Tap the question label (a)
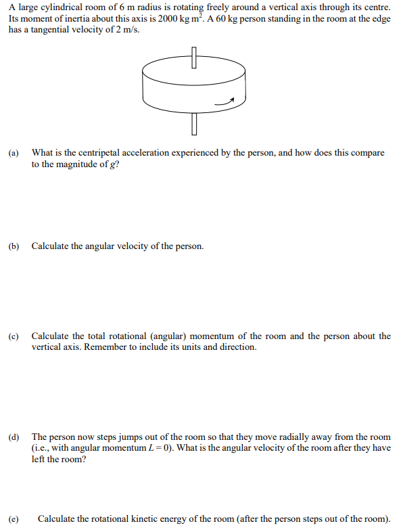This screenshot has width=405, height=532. click(14, 153)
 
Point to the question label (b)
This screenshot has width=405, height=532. click(14, 246)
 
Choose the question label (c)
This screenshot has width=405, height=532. click(14, 336)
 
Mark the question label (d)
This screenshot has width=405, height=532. click(14, 438)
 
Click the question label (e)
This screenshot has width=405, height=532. click(14, 519)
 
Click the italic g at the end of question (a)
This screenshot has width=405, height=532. click(114, 164)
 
